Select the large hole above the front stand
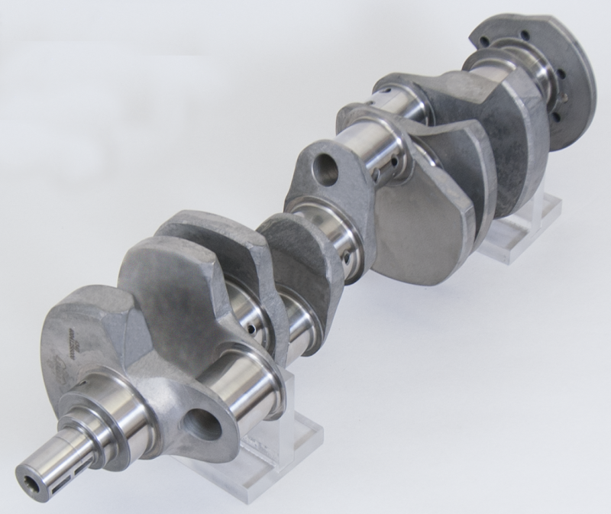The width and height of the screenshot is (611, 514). [202, 425]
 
